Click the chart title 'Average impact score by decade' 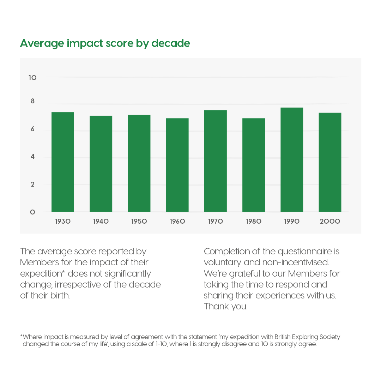(105, 43)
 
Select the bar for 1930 (63, 162)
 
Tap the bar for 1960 (177, 165)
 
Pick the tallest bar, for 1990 (292, 159)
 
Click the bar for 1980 (254, 165)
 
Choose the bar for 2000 (330, 162)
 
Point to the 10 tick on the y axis (32, 78)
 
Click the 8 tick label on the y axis (33, 101)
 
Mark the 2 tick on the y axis (33, 185)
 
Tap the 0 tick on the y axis (32, 212)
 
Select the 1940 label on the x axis (101, 222)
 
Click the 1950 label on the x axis (139, 222)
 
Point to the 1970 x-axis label (215, 222)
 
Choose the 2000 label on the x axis (330, 222)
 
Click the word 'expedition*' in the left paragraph (43, 274)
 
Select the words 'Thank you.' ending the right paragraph (226, 307)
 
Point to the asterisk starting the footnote (21, 337)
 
